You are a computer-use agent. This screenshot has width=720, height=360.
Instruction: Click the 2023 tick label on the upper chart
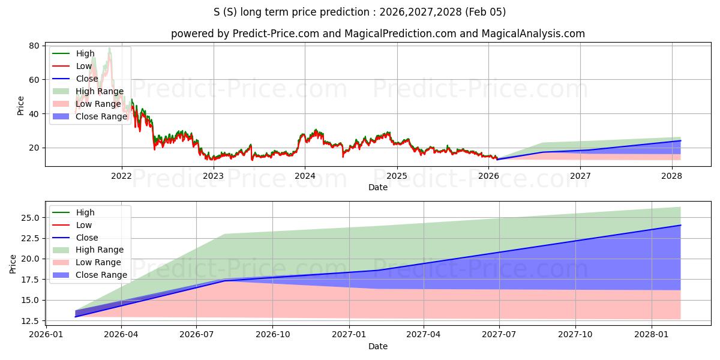click(x=213, y=176)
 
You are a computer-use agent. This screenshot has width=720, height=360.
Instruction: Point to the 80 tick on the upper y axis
click(x=34, y=46)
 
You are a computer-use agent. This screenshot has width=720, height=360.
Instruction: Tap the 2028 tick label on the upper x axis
click(x=671, y=176)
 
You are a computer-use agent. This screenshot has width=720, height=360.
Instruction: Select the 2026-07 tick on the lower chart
click(x=197, y=334)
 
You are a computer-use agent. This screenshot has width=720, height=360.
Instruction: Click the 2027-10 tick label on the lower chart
click(x=575, y=334)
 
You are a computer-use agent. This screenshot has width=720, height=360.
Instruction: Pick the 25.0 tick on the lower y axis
click(x=29, y=218)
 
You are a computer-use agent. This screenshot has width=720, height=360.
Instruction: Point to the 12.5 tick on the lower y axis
click(x=29, y=321)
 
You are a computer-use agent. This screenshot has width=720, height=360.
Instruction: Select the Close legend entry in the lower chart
click(x=87, y=238)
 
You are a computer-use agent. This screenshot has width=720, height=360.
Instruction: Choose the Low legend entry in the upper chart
click(x=84, y=66)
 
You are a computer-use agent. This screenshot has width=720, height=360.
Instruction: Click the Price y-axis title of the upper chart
click(x=21, y=106)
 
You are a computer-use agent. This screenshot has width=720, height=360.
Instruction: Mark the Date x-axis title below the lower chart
click(x=378, y=346)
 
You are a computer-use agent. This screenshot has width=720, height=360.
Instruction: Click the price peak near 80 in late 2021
click(x=109, y=47)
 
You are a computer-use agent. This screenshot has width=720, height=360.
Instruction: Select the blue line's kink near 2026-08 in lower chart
click(x=224, y=281)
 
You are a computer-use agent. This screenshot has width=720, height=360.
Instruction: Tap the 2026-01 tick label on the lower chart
click(x=46, y=334)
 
